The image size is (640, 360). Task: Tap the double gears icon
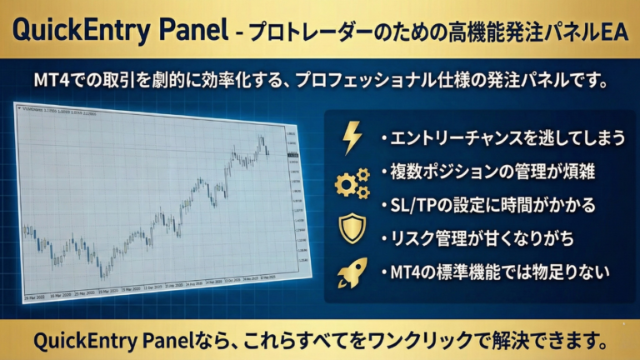pyautogui.click(x=352, y=183)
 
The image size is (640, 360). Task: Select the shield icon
pyautogui.click(x=352, y=228)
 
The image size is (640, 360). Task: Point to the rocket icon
pyautogui.click(x=352, y=273)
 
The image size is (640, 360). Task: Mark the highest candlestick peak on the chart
pyautogui.click(x=261, y=136)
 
